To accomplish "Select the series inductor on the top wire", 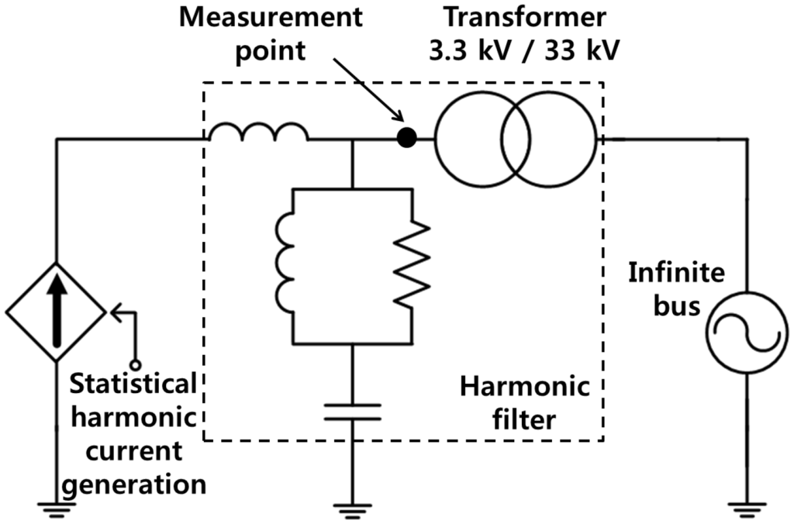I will click(257, 133).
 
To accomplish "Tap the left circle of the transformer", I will click(481, 139).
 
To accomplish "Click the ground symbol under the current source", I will click(57, 508).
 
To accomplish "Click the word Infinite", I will click(677, 272).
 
